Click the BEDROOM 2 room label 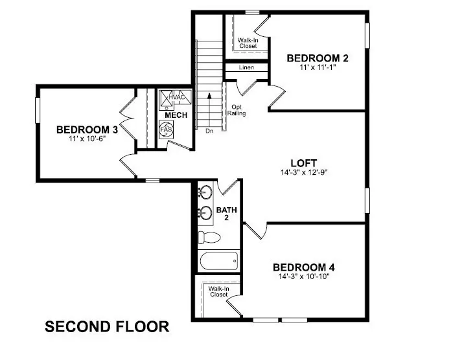318,58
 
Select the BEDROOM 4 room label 303,267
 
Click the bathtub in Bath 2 219,262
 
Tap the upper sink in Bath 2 206,192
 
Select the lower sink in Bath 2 206,212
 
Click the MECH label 176,115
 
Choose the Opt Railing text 236,110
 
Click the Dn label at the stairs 209,131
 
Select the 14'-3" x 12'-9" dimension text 305,173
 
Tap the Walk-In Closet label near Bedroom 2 246,43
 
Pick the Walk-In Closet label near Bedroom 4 218,291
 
